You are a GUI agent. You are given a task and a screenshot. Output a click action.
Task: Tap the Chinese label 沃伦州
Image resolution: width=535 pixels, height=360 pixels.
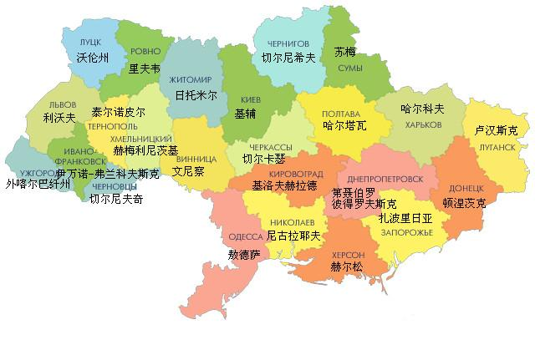point(92,58)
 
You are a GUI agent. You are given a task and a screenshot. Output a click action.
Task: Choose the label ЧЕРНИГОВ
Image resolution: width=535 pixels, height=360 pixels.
point(288,43)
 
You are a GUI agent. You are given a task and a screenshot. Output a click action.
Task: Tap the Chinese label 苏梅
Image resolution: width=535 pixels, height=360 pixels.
point(345,52)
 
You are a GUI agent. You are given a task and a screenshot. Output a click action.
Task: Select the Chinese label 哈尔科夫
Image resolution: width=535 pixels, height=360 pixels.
point(421,109)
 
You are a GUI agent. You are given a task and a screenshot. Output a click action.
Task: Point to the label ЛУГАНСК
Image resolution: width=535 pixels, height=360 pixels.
point(495,146)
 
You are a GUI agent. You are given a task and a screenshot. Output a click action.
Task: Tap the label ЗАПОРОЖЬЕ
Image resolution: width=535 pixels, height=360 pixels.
point(408,231)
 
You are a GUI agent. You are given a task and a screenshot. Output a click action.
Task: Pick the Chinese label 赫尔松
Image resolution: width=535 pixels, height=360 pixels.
point(347,268)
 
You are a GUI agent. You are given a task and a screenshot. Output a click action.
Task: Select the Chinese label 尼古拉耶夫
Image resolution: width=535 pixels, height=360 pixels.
point(293,236)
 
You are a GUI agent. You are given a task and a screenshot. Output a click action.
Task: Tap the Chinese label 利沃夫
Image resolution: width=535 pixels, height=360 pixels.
point(59,118)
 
